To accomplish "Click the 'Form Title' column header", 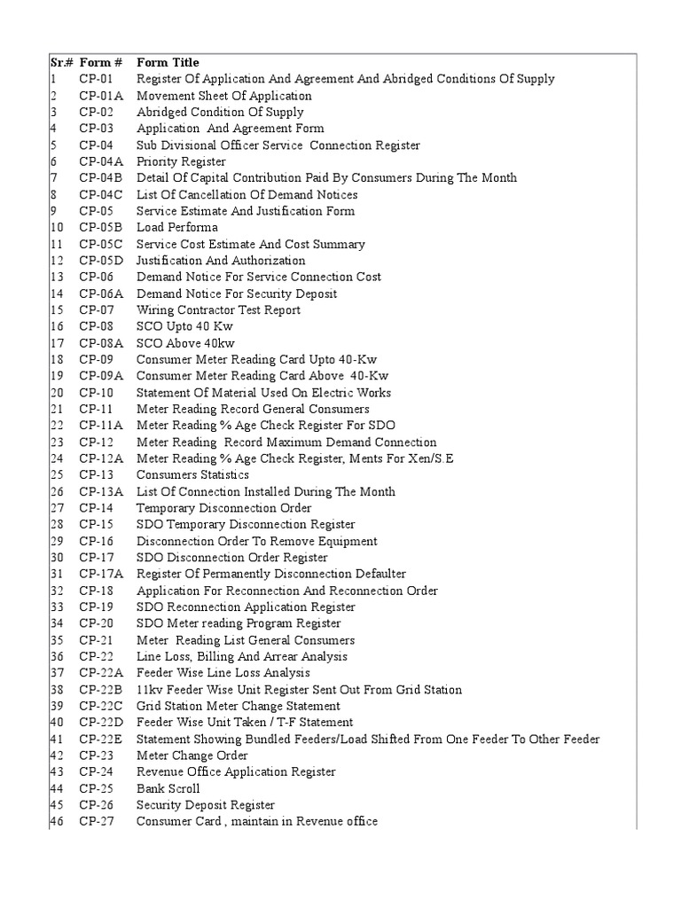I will tap(168, 63).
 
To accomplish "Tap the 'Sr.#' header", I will tap(60, 63).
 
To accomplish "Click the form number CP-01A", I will tap(101, 96).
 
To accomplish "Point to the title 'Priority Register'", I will tap(181, 161).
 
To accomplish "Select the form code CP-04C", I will tap(101, 194).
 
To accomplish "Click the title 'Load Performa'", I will tap(176, 227).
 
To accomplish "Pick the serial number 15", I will tap(56, 309).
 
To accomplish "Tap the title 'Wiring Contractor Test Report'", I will tap(218, 309).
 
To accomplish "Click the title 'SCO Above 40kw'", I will tap(185, 343).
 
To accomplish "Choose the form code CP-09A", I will tap(101, 376).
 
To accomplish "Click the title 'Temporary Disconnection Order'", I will tap(223, 508).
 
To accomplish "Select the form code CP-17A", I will tap(101, 574).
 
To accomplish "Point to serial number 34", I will tap(56, 623).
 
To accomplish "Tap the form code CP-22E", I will tap(101, 739).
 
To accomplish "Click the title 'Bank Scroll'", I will tap(168, 788).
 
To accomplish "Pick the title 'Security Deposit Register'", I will tap(205, 805).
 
